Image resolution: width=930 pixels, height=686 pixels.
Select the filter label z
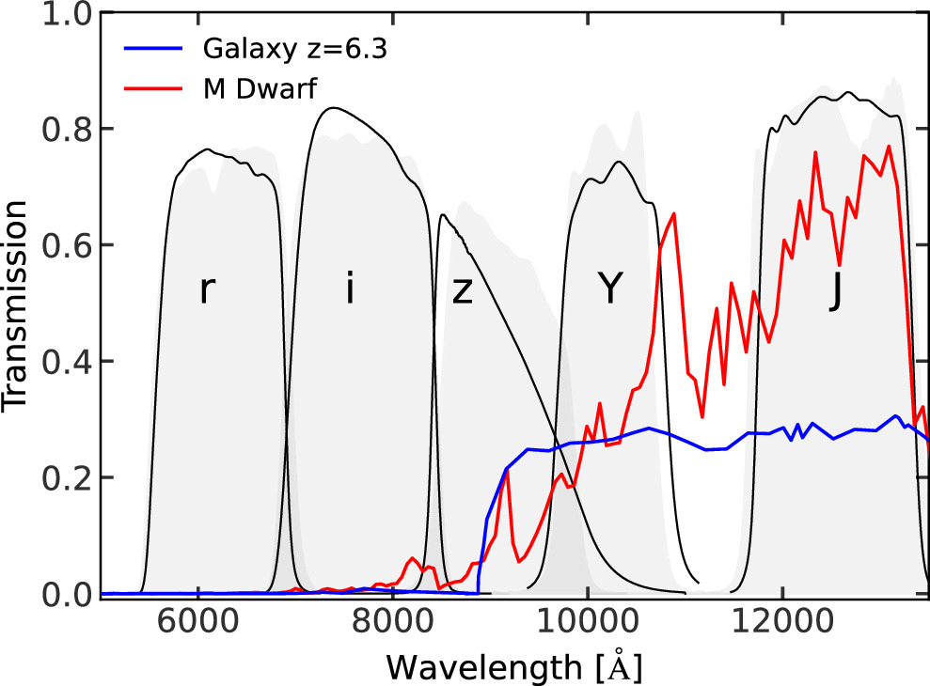click(462, 292)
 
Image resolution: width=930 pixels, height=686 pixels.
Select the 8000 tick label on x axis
click(392, 624)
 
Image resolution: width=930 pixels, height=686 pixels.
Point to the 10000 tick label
click(587, 624)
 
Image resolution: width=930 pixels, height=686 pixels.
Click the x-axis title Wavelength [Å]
click(514, 666)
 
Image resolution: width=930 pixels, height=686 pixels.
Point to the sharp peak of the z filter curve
click(442, 215)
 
